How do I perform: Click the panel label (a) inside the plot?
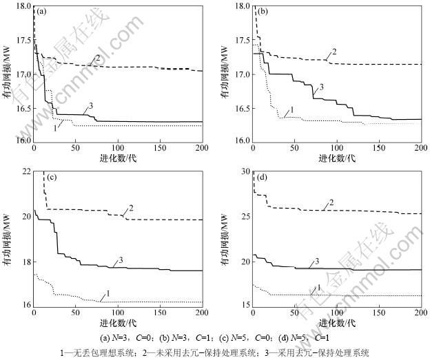pos(41,12)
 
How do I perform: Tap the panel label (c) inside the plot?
pos(41,177)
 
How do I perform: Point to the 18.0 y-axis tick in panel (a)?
pos(23,6)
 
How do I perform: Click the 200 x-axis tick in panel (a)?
pos(202,148)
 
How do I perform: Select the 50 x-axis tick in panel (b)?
pos(295,148)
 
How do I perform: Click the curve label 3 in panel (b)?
pos(320,87)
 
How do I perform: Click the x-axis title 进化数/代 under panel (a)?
pos(117,158)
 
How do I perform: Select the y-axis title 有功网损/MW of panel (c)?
pos(10,237)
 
